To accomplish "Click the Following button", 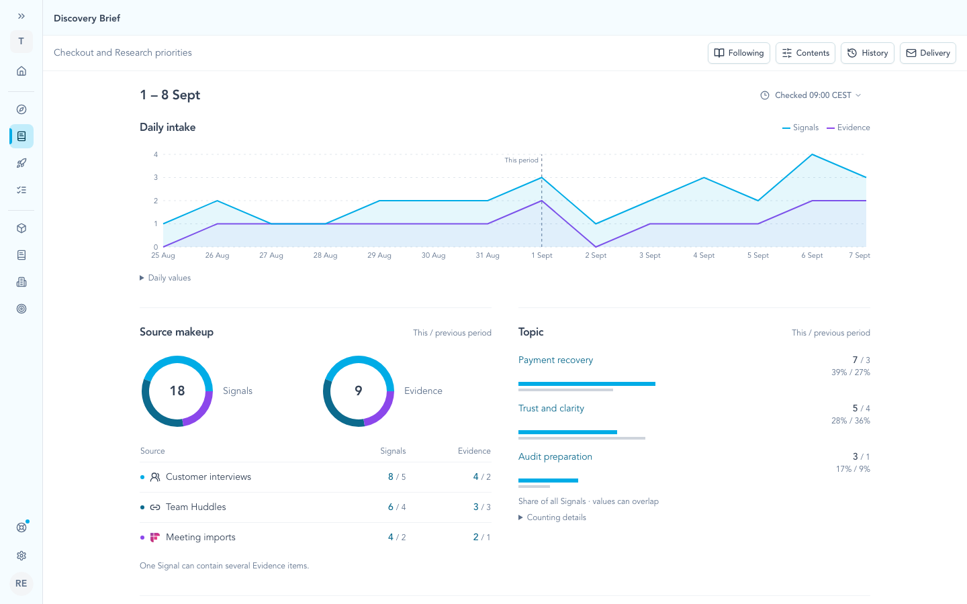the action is click(739, 53).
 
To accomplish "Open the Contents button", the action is click(805, 53).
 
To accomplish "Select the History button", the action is click(868, 53).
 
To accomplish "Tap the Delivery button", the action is click(928, 53).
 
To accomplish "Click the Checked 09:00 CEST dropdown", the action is click(811, 95).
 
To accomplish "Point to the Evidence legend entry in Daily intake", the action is click(848, 128).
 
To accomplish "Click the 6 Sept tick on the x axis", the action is click(812, 256).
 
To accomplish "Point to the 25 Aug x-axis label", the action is click(163, 256).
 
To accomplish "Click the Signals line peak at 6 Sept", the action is click(812, 154).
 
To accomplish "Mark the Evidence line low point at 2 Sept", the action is click(596, 247).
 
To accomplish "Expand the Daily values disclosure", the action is click(165, 278).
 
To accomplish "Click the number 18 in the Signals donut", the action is click(177, 391).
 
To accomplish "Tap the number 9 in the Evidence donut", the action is click(359, 391).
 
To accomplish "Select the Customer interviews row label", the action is click(208, 477).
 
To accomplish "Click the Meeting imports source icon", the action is click(154, 538).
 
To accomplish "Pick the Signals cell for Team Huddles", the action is click(397, 507).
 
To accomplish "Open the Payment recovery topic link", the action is click(555, 360).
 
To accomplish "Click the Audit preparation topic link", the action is click(555, 457).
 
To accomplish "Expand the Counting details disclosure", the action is click(552, 517).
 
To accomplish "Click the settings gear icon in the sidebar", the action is click(21, 556).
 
